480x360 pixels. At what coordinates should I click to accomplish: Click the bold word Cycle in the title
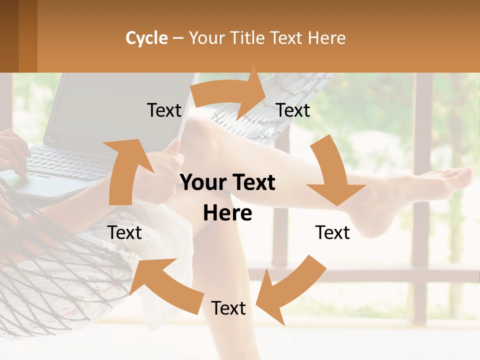tap(146, 38)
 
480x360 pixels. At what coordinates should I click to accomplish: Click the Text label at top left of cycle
tap(164, 110)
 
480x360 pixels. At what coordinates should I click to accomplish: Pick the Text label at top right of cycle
tap(293, 110)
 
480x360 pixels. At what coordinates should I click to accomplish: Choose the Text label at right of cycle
tap(332, 232)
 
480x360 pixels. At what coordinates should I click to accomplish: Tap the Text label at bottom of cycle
tap(228, 308)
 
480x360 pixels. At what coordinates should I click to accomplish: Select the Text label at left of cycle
tap(125, 232)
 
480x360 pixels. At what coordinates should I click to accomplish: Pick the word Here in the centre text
tap(227, 213)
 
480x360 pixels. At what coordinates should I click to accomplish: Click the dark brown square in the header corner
tap(9, 36)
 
